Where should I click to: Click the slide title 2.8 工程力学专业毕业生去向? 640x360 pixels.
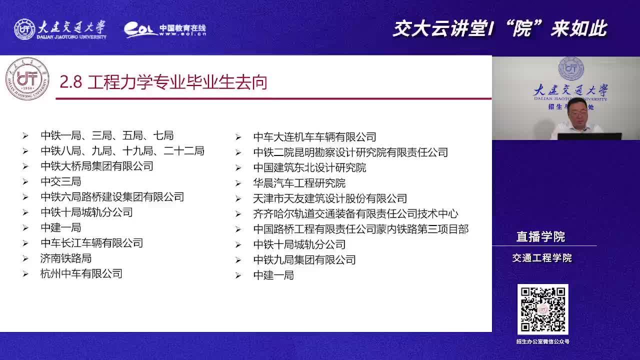[163, 82]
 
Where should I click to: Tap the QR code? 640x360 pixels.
[543, 309]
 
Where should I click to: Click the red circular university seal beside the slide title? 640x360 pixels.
[27, 79]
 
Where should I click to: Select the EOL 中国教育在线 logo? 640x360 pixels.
[165, 29]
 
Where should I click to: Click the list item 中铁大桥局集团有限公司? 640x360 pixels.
[97, 166]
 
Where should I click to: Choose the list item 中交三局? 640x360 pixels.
[61, 181]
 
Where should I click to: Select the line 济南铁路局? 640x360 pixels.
[66, 258]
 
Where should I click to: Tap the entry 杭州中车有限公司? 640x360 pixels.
[81, 274]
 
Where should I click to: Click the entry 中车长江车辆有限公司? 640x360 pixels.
[91, 243]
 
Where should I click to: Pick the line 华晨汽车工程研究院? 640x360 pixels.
[299, 183]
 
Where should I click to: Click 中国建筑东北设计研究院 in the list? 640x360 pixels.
[309, 167]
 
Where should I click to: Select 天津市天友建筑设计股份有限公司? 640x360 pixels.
[330, 198]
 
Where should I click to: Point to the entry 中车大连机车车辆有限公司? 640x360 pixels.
[315, 137]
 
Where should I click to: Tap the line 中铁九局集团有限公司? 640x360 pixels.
[304, 260]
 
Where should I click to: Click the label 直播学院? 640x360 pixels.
[540, 237]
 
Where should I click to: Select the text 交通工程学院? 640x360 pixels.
[542, 258]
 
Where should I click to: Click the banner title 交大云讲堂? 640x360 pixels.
[440, 29]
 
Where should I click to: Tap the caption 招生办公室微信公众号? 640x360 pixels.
[543, 341]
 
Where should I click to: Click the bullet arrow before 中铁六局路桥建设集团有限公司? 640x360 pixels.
[25, 197]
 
